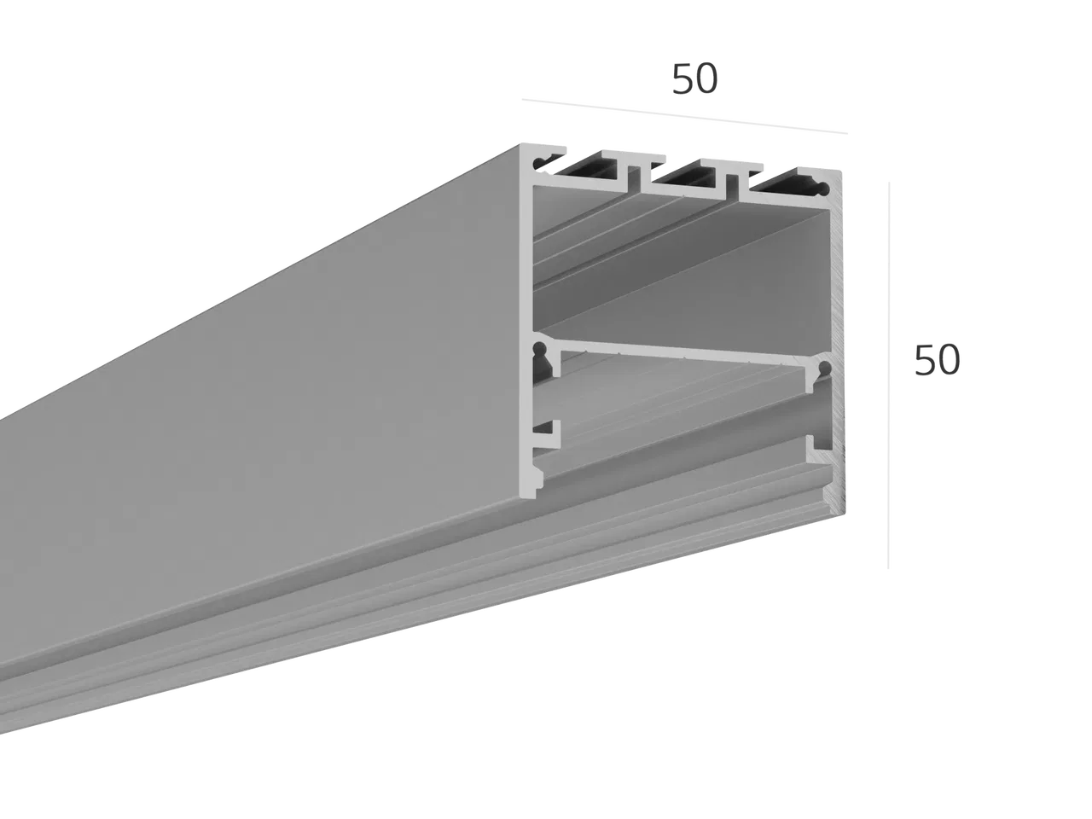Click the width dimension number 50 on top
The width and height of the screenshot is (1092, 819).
tap(694, 79)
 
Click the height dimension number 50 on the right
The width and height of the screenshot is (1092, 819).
tap(937, 360)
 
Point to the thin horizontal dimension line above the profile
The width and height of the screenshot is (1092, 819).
tap(684, 116)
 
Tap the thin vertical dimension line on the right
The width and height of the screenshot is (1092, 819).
tap(888, 375)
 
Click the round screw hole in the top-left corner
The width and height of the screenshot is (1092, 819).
tap(539, 163)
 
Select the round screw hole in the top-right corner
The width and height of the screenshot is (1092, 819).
tap(823, 189)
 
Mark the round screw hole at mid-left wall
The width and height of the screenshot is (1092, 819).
tap(539, 350)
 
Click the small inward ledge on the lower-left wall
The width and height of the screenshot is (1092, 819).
tap(546, 433)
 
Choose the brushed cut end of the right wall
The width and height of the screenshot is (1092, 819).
tap(837, 343)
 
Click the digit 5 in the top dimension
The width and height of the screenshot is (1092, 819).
tap(682, 79)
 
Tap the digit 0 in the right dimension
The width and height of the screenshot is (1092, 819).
tap(950, 361)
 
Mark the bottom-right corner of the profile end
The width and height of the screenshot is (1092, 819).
tap(845, 514)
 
